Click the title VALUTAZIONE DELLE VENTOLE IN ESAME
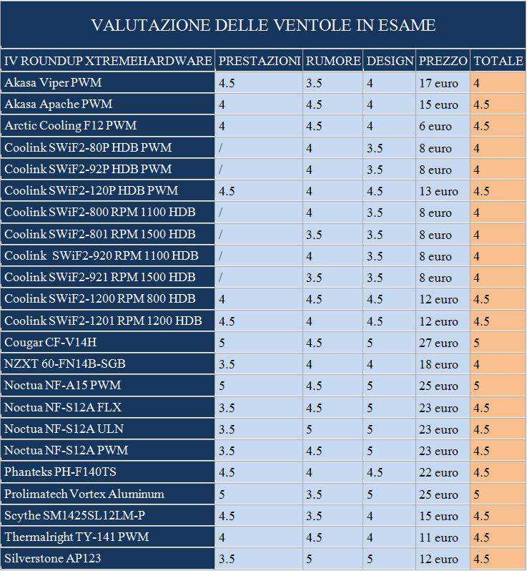click(263, 25)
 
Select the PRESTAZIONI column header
click(259, 61)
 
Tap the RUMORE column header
click(333, 61)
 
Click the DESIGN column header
click(390, 61)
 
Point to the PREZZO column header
click(443, 61)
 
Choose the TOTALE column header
click(498, 61)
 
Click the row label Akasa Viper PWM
click(53, 83)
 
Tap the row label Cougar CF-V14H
click(50, 343)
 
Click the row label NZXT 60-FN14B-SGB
click(65, 364)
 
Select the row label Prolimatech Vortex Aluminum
click(84, 494)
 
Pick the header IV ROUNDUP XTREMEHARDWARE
click(108, 61)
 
